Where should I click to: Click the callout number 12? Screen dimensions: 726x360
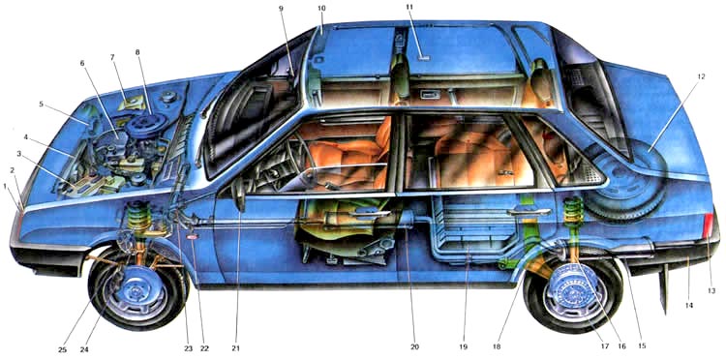[701, 76]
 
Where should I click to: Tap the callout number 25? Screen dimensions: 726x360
[63, 349]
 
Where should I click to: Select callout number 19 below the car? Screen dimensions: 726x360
[463, 347]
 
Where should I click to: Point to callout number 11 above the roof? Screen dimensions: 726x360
[409, 7]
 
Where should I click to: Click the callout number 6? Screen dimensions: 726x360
[82, 63]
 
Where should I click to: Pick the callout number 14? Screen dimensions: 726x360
[689, 306]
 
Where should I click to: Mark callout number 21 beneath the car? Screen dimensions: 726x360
[237, 348]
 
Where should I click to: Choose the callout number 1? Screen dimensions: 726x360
[5, 187]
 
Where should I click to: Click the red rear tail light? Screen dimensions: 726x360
[708, 225]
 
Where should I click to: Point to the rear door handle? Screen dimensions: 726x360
[529, 212]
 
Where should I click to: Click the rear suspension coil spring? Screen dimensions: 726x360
[573, 211]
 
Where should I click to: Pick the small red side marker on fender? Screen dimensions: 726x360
[193, 237]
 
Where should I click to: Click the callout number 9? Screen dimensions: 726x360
[281, 8]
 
